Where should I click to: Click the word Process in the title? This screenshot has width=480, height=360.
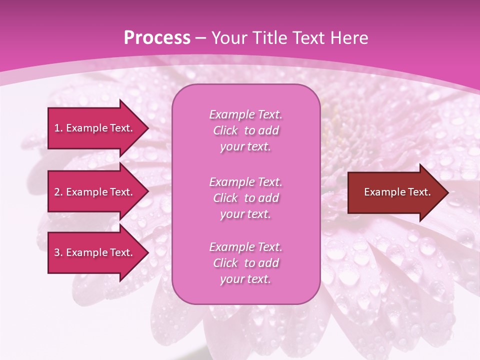click(157, 38)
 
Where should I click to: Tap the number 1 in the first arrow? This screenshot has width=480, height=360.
click(57, 128)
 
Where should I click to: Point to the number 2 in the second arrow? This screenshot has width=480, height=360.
click(57, 192)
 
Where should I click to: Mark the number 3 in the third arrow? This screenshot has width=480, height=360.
click(57, 252)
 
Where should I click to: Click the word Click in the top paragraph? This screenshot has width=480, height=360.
click(225, 130)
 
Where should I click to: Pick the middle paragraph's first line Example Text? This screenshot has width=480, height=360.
click(245, 182)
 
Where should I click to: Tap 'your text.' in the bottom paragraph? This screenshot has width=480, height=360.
click(245, 279)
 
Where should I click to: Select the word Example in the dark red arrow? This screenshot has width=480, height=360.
click(382, 192)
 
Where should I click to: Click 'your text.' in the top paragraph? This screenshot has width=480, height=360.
click(245, 147)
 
